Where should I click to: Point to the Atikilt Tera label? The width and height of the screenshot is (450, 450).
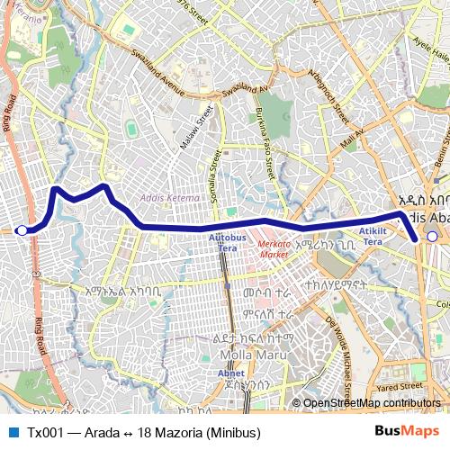[372, 237]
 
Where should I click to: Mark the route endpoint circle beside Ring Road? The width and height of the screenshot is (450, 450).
[22, 230]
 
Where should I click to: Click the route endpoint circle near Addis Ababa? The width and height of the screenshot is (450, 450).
[433, 237]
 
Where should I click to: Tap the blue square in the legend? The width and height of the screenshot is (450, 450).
[12, 432]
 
